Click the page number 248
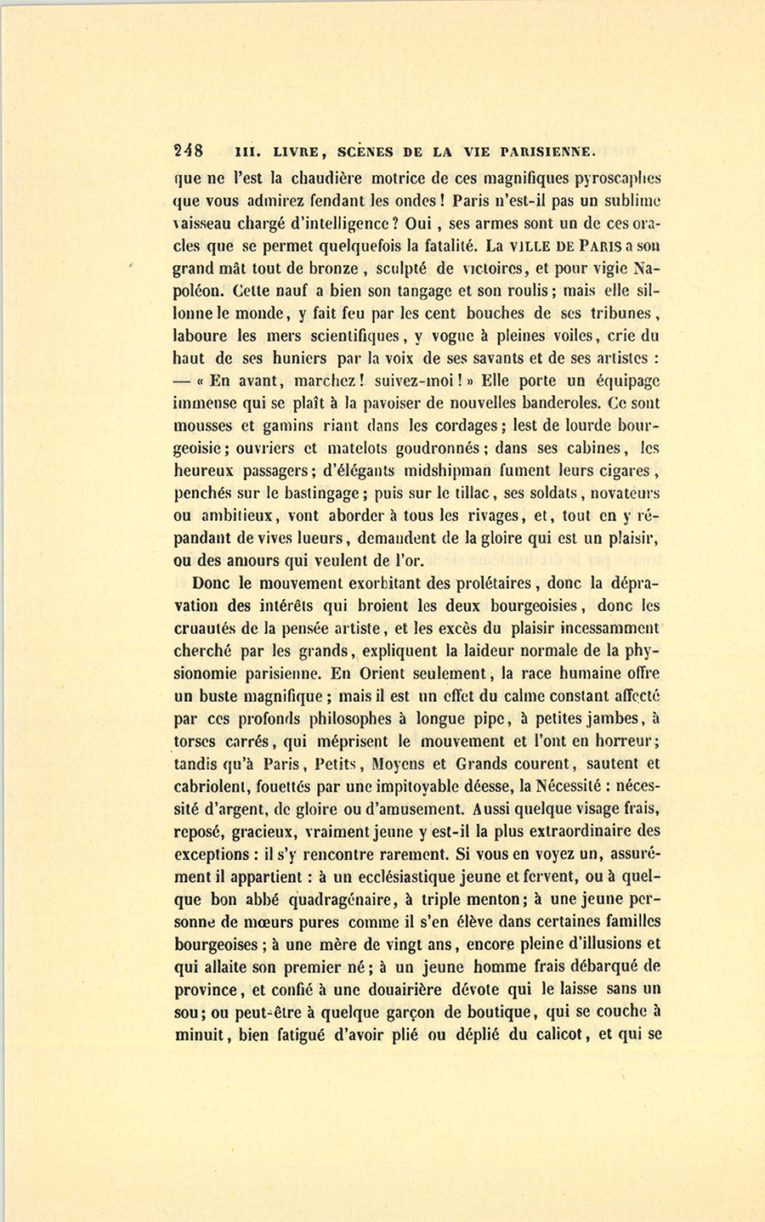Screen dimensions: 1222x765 tap(188, 151)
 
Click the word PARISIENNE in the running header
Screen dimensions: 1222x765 tap(546, 152)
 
